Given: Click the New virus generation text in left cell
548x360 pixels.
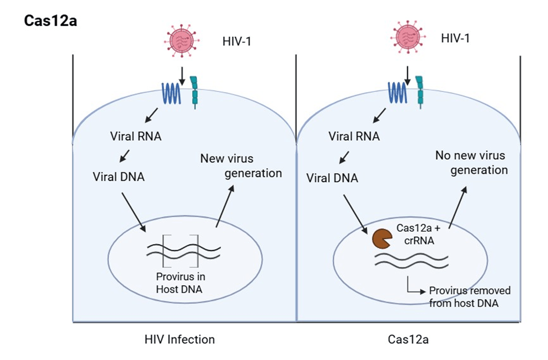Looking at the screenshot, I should pos(241,166).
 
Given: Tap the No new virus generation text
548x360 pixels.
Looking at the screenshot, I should pos(471,162).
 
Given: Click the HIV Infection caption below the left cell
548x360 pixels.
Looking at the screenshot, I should pos(179,339).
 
